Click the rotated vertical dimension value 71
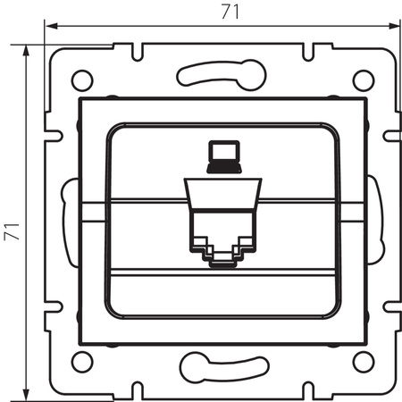point(12,220)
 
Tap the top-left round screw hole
point(81,79)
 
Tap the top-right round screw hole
point(362,79)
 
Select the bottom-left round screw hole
point(81,361)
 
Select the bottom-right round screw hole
point(362,361)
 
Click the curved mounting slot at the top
point(222,73)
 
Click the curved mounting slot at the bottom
point(222,366)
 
